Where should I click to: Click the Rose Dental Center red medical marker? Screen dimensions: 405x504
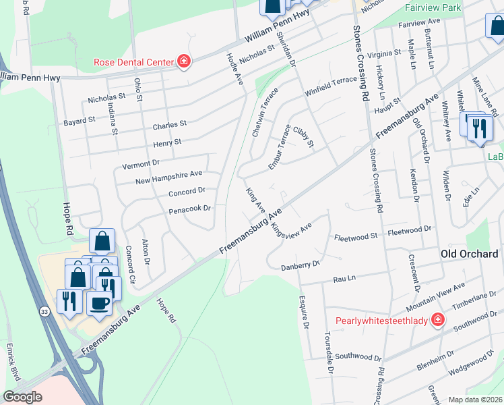183,62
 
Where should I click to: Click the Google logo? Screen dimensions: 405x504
23,397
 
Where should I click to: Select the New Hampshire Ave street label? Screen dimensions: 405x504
168,177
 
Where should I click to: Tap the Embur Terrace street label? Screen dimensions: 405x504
279,146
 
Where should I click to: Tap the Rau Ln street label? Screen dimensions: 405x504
343,277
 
